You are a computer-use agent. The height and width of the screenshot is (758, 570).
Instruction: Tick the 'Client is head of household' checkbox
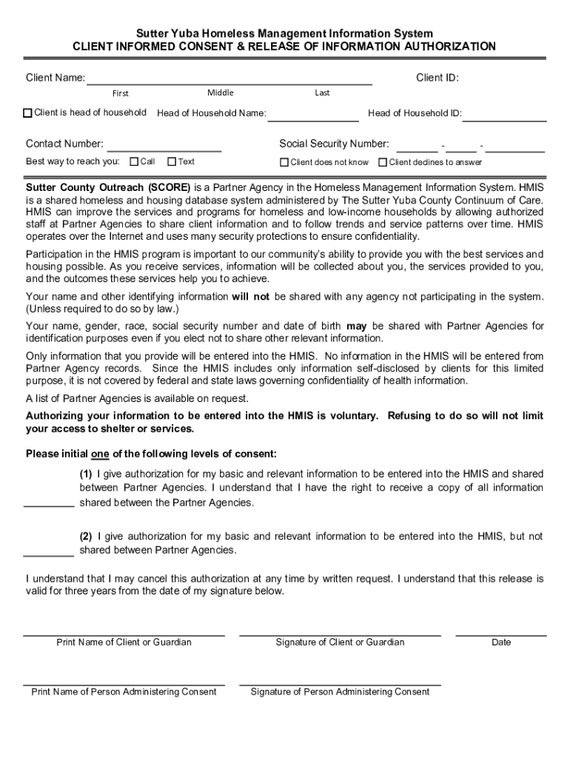coord(28,113)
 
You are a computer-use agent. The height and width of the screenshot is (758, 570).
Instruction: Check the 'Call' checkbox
coord(134,161)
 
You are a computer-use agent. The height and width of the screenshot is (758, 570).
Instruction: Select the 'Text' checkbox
coord(172,161)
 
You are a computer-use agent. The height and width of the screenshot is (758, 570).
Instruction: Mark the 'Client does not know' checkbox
coord(284,162)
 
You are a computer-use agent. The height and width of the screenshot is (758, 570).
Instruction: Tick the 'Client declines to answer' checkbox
coord(383,162)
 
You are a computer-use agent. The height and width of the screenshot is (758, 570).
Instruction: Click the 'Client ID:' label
coord(437,78)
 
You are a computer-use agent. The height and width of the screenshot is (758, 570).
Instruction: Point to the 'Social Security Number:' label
coord(334,144)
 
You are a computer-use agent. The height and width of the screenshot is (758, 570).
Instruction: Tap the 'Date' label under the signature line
coord(501,643)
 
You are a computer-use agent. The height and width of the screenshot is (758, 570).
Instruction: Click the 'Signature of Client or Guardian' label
coord(340,643)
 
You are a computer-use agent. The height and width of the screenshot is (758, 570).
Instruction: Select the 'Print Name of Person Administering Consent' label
coord(124,692)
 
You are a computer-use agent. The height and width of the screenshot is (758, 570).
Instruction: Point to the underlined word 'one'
coord(100,454)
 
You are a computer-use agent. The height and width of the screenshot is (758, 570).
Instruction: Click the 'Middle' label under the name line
coord(221,93)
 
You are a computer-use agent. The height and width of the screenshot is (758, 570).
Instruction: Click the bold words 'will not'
coord(250,297)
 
